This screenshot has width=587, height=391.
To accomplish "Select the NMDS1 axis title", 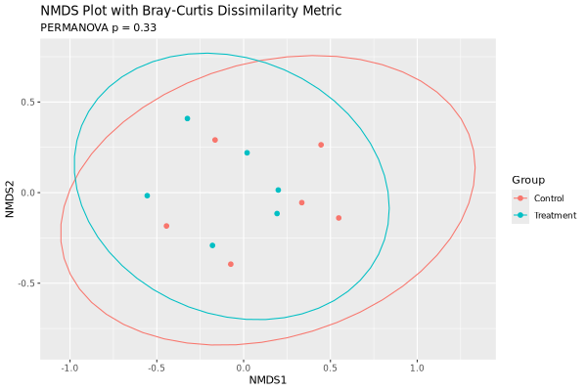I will [x=268, y=379].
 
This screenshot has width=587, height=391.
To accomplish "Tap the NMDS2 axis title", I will [x=11, y=193].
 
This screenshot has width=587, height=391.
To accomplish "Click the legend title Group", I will [x=528, y=180].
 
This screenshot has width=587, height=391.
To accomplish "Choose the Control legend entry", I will [x=549, y=198].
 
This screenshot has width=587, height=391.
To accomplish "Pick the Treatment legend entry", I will [x=555, y=215].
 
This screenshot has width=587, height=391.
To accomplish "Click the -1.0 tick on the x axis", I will [x=69, y=368].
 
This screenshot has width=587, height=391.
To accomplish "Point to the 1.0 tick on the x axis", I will [x=417, y=368].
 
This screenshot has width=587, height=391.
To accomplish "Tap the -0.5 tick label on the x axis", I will [x=157, y=368].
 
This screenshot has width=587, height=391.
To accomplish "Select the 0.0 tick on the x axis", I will [x=244, y=368].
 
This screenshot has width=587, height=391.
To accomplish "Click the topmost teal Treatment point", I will [x=187, y=118].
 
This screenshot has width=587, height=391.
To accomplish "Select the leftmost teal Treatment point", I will [x=147, y=195].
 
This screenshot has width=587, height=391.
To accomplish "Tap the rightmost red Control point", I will [x=339, y=218].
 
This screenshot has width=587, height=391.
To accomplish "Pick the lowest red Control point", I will [x=231, y=264].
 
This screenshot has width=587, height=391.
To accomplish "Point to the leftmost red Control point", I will [x=166, y=226].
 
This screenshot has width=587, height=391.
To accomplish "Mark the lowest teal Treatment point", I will [x=212, y=245].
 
